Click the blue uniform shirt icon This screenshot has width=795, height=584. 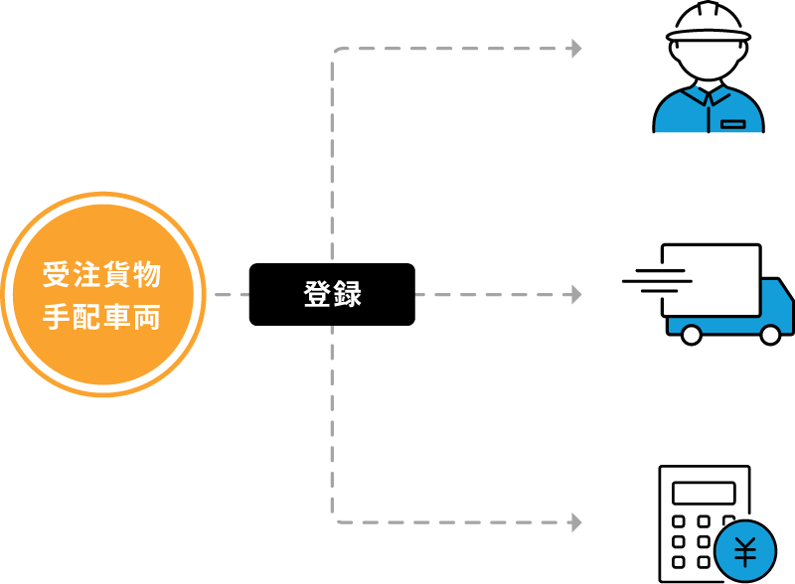pyautogui.click(x=708, y=111)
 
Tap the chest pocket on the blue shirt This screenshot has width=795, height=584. pyautogui.click(x=733, y=124)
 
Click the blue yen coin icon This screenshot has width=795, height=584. pyautogui.click(x=745, y=551)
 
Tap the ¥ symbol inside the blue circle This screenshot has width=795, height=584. pyautogui.click(x=745, y=551)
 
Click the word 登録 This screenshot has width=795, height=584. pyautogui.click(x=332, y=295)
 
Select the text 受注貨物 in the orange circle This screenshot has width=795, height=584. pyautogui.click(x=102, y=274)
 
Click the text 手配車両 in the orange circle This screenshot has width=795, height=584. pyautogui.click(x=102, y=317)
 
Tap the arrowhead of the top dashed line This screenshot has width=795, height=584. pyautogui.click(x=576, y=48)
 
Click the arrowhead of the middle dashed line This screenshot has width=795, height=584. pyautogui.click(x=576, y=294)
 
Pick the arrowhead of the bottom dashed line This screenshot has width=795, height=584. pyautogui.click(x=576, y=521)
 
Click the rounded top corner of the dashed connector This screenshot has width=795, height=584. pyautogui.click(x=335, y=52)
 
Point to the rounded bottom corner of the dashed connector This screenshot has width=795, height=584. pyautogui.click(x=335, y=517)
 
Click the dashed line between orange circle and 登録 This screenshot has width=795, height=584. pyautogui.click(x=232, y=295)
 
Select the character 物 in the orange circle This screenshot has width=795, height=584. pyautogui.click(x=147, y=274)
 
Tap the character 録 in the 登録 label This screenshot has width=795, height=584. pyautogui.click(x=347, y=295)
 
